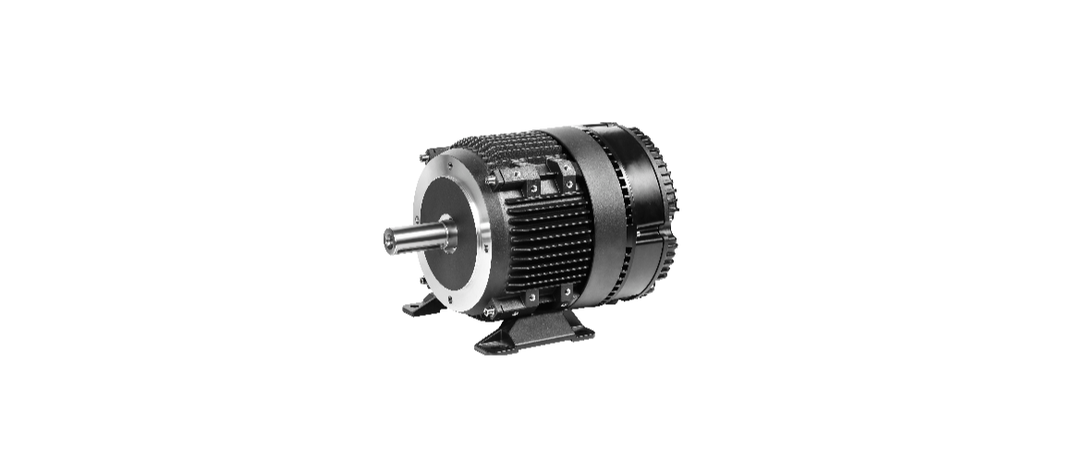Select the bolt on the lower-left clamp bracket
(x=533, y=297)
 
